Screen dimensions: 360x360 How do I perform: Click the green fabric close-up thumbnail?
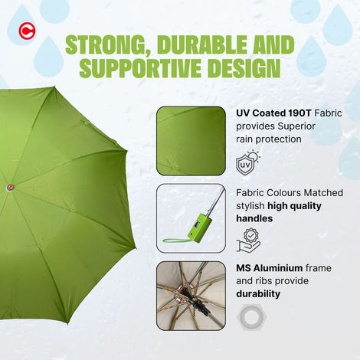coord(191,140)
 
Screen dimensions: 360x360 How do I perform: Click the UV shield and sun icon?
coord(248,162)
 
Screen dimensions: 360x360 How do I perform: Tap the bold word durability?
coord(258,293)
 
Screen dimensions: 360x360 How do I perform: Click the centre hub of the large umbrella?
coord(11,186)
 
